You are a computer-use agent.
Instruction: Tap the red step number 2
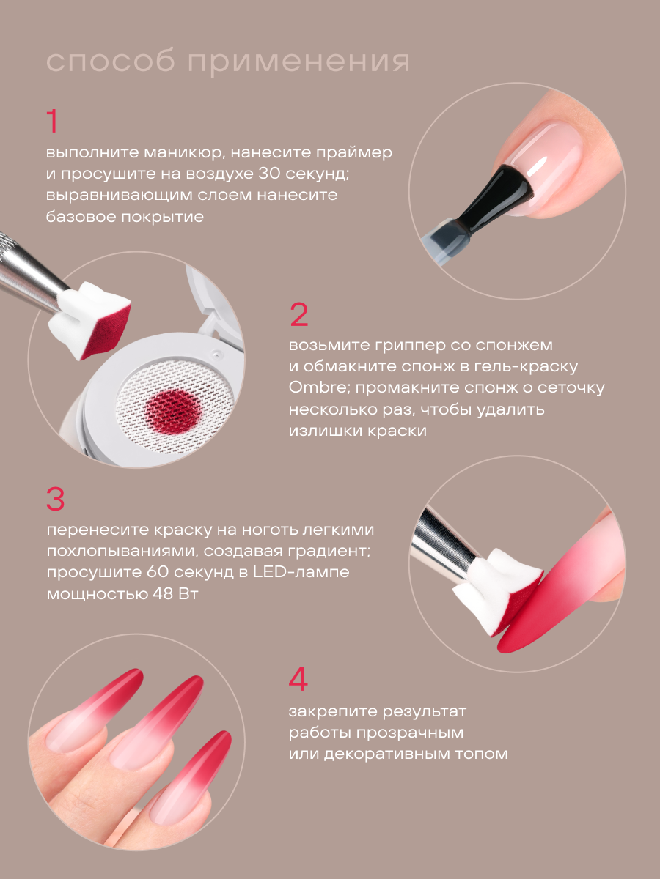[299, 315]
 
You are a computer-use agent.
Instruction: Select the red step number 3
[56, 499]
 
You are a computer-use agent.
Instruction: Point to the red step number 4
[298, 679]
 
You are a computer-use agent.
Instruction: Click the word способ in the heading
[111, 62]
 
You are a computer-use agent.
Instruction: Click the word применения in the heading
[299, 62]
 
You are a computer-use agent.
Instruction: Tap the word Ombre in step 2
[318, 387]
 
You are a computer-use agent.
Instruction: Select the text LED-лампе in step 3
[301, 571]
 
